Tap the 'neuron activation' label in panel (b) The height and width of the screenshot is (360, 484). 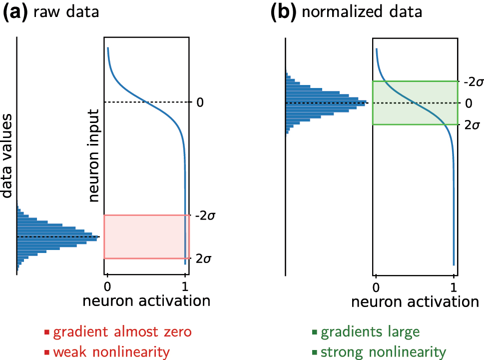tap(415, 302)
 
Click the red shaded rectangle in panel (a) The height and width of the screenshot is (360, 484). tap(147, 236)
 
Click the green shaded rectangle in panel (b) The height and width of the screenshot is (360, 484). tap(415, 102)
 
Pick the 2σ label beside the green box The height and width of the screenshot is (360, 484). tap(472, 125)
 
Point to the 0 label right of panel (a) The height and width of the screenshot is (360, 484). tap(200, 102)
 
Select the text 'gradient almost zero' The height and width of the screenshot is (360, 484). tap(122, 332)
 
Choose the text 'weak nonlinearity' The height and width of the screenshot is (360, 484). tap(111, 352)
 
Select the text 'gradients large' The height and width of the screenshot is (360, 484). tap(370, 332)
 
